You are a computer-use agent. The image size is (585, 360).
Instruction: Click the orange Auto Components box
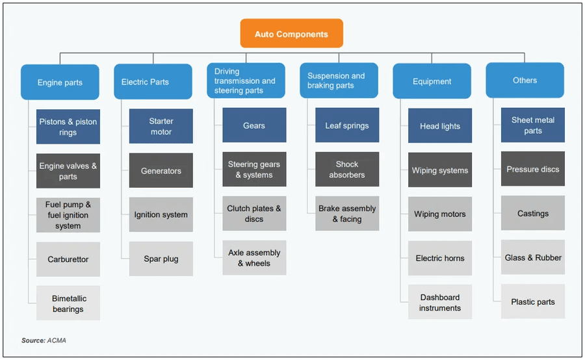[x=291, y=34]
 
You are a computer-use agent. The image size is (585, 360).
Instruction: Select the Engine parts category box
[x=60, y=83]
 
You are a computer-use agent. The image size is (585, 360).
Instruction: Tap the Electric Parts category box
[x=153, y=82]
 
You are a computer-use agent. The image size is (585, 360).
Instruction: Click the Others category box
[x=525, y=81]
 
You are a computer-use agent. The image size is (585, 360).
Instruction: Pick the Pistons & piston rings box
[x=68, y=127]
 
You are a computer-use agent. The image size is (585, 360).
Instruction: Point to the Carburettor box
[x=68, y=259]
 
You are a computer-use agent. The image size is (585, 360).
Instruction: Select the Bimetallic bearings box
[x=68, y=303]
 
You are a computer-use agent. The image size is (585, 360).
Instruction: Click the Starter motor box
[x=161, y=126]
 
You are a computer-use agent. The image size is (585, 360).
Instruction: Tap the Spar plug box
[x=161, y=259]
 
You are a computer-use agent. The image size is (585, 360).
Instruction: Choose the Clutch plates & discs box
[x=254, y=214]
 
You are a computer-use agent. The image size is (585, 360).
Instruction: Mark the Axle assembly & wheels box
[x=254, y=258]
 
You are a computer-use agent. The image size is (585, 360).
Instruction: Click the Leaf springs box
[x=347, y=125]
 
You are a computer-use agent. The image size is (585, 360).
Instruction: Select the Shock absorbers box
[x=347, y=170]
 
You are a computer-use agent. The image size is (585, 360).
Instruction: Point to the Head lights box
[x=440, y=126]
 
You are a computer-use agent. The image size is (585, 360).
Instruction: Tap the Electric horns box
[x=440, y=258]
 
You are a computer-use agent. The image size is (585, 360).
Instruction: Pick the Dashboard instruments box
[x=440, y=302]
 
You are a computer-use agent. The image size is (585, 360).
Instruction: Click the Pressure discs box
[x=533, y=169]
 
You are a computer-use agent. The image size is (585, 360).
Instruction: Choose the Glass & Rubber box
[x=533, y=257]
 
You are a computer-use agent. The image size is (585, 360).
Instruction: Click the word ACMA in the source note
[x=56, y=341]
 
